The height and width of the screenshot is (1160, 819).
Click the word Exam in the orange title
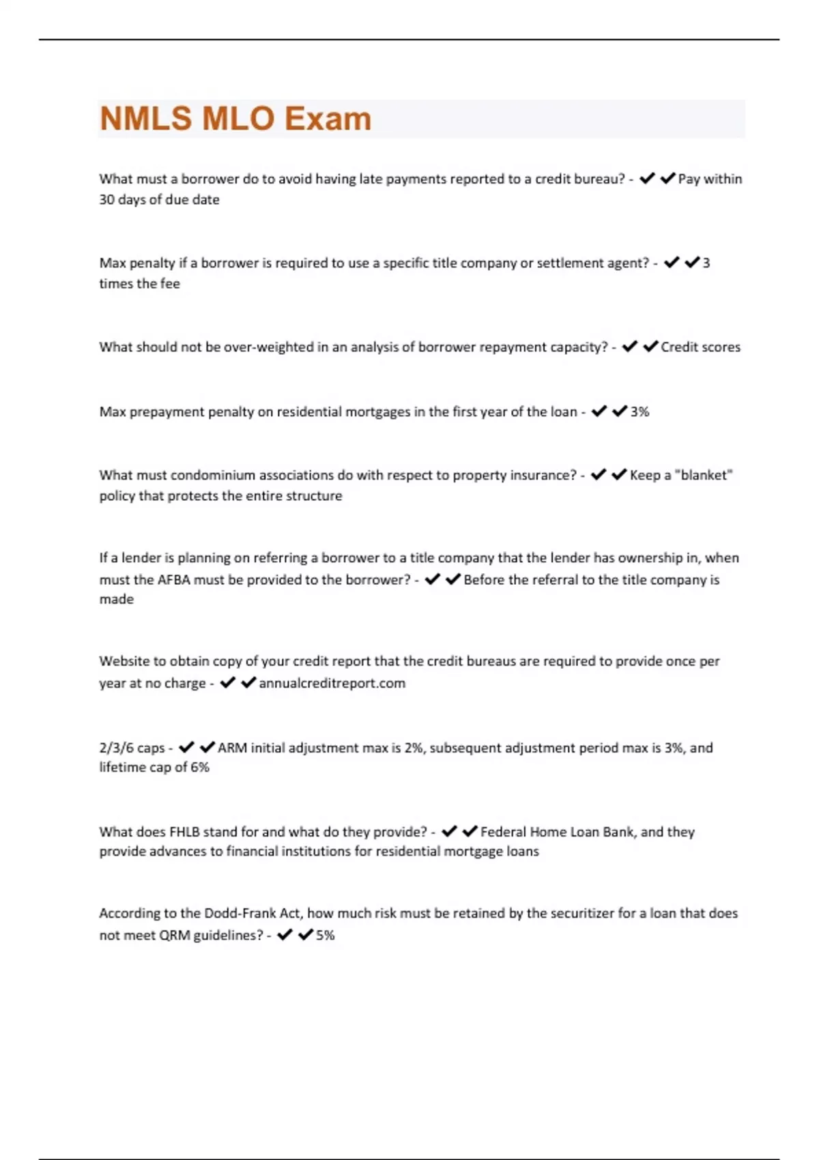click(328, 119)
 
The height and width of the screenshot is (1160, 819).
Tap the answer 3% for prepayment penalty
click(640, 411)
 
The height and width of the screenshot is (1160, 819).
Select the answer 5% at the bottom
click(325, 935)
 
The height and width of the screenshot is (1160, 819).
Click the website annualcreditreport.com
click(332, 683)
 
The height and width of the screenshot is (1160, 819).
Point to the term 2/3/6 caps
click(132, 748)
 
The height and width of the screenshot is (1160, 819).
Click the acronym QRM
click(174, 935)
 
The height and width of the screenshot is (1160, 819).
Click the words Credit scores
click(700, 347)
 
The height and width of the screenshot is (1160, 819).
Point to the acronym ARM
click(232, 748)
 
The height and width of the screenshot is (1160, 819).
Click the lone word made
click(117, 599)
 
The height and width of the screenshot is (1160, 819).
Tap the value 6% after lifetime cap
click(200, 767)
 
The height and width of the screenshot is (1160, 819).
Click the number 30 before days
click(106, 199)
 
